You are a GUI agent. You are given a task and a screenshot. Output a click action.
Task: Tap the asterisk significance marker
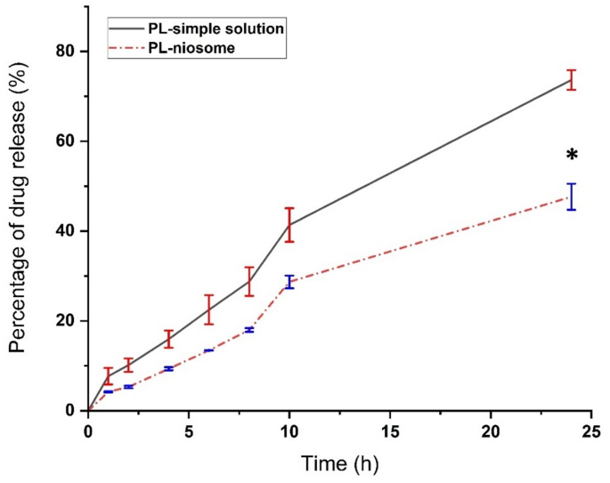(572, 156)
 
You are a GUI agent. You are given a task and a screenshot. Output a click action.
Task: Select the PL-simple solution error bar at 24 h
(571, 80)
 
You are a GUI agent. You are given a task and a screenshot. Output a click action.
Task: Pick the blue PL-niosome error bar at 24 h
(571, 197)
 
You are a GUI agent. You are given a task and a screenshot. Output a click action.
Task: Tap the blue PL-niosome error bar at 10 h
(289, 282)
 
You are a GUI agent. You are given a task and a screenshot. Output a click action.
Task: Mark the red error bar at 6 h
(208, 309)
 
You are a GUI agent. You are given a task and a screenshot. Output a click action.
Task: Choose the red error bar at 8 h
(249, 281)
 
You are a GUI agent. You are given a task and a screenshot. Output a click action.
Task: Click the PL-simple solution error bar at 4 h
(168, 339)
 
